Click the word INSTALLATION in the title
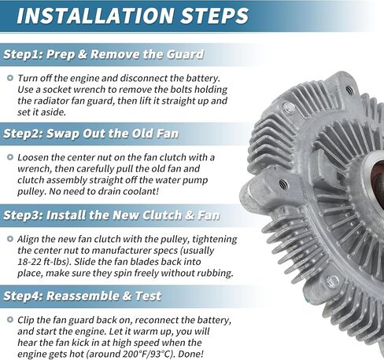(94, 15)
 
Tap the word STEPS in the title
(214, 15)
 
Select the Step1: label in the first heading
(23, 54)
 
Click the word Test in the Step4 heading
(148, 296)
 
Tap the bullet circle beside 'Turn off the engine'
(10, 78)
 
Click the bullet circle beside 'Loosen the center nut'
(10, 157)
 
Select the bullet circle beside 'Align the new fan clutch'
(10, 239)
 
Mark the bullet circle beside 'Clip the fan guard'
(10, 320)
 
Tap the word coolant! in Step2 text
(145, 191)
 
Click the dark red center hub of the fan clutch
(377, 178)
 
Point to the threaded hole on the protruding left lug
(282, 183)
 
